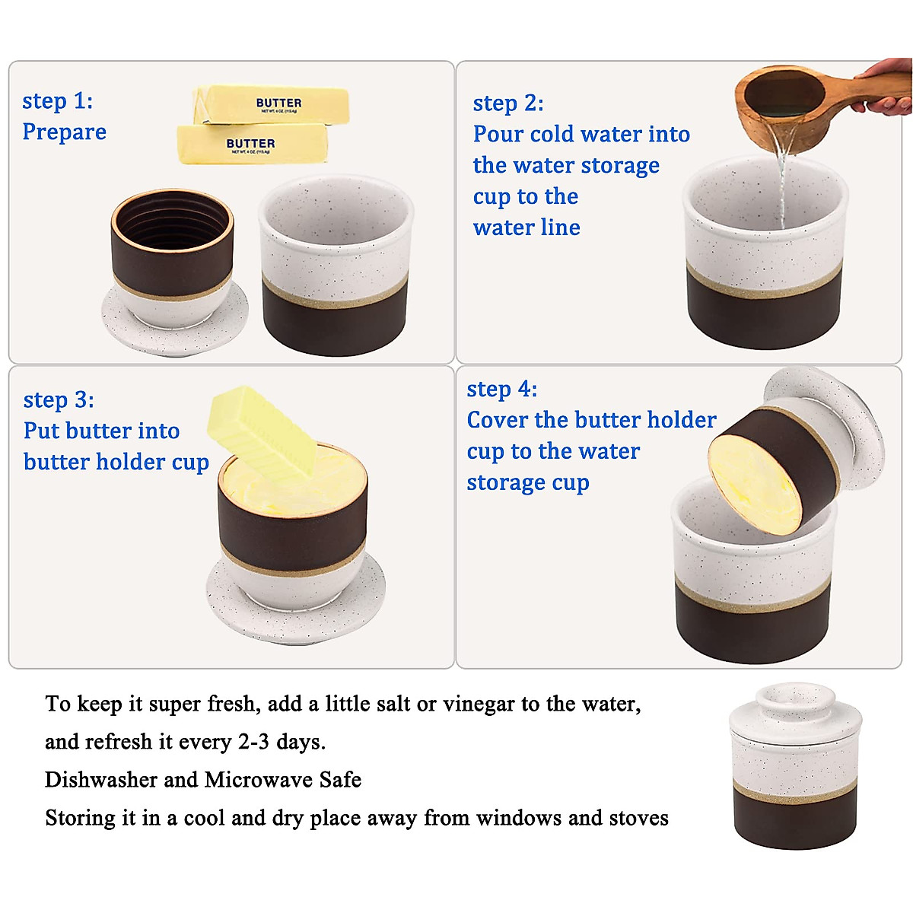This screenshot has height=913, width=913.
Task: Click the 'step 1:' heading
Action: click(58, 101)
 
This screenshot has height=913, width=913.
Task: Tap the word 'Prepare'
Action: click(65, 132)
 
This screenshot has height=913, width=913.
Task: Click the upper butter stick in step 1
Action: click(272, 104)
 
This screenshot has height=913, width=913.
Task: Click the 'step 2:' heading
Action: click(508, 103)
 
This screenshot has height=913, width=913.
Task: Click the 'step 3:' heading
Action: click(59, 400)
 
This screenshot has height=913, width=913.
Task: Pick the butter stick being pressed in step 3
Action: click(262, 431)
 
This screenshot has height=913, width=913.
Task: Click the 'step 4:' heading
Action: click(502, 390)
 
